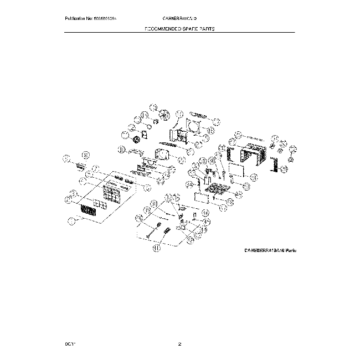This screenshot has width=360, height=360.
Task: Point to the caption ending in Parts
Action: tap(271, 250)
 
